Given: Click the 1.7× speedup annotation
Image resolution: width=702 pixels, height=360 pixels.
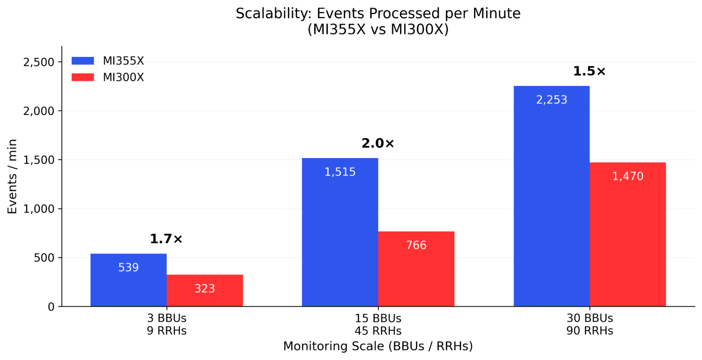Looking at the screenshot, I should coord(166,239).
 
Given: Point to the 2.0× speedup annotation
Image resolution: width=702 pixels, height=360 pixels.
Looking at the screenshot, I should coord(378,143).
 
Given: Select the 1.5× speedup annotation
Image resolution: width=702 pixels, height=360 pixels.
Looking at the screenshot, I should coord(589,71).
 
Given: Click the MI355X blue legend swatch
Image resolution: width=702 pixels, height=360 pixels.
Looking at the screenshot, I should coord(83,61).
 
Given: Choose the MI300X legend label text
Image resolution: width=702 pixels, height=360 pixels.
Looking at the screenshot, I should coord(123,77).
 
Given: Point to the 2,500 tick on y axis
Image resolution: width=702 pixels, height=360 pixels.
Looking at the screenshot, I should coord(39,62).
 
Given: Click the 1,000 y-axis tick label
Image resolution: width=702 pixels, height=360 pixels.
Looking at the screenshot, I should coord(39,209).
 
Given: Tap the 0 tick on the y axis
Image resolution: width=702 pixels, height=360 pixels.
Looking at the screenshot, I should coord(51,307).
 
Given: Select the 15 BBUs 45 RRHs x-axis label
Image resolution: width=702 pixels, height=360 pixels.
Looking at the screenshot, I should coord(378,325).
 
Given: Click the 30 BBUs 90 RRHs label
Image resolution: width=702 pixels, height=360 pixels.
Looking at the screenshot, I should coord(590,325).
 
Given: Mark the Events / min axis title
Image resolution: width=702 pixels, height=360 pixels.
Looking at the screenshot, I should coord(12,176).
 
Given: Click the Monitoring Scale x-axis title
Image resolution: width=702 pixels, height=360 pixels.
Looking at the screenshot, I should coord(378,346).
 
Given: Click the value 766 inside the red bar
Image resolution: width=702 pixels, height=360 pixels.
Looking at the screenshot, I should coord(416,245).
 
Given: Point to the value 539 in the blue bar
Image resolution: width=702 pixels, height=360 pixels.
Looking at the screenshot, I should coord(129,268).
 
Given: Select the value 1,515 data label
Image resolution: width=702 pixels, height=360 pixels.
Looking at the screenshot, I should coord(340,172).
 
